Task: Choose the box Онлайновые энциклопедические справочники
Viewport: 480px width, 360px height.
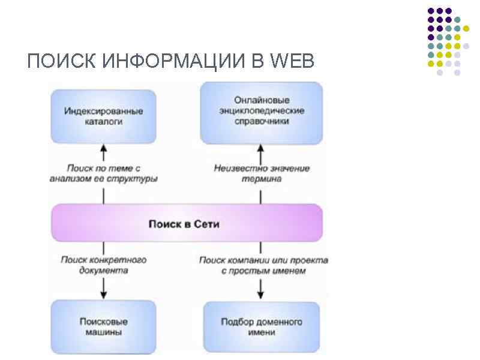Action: [261, 113]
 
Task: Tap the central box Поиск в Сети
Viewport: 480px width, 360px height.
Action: [187, 224]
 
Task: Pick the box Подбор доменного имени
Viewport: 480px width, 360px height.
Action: [261, 327]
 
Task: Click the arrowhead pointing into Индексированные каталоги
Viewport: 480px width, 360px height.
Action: [103, 147]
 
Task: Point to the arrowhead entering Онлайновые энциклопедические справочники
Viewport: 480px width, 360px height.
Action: [261, 147]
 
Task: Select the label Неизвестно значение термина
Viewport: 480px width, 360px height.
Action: [262, 173]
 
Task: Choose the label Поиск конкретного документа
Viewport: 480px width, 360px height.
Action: [103, 265]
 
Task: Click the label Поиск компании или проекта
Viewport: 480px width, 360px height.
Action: [263, 265]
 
